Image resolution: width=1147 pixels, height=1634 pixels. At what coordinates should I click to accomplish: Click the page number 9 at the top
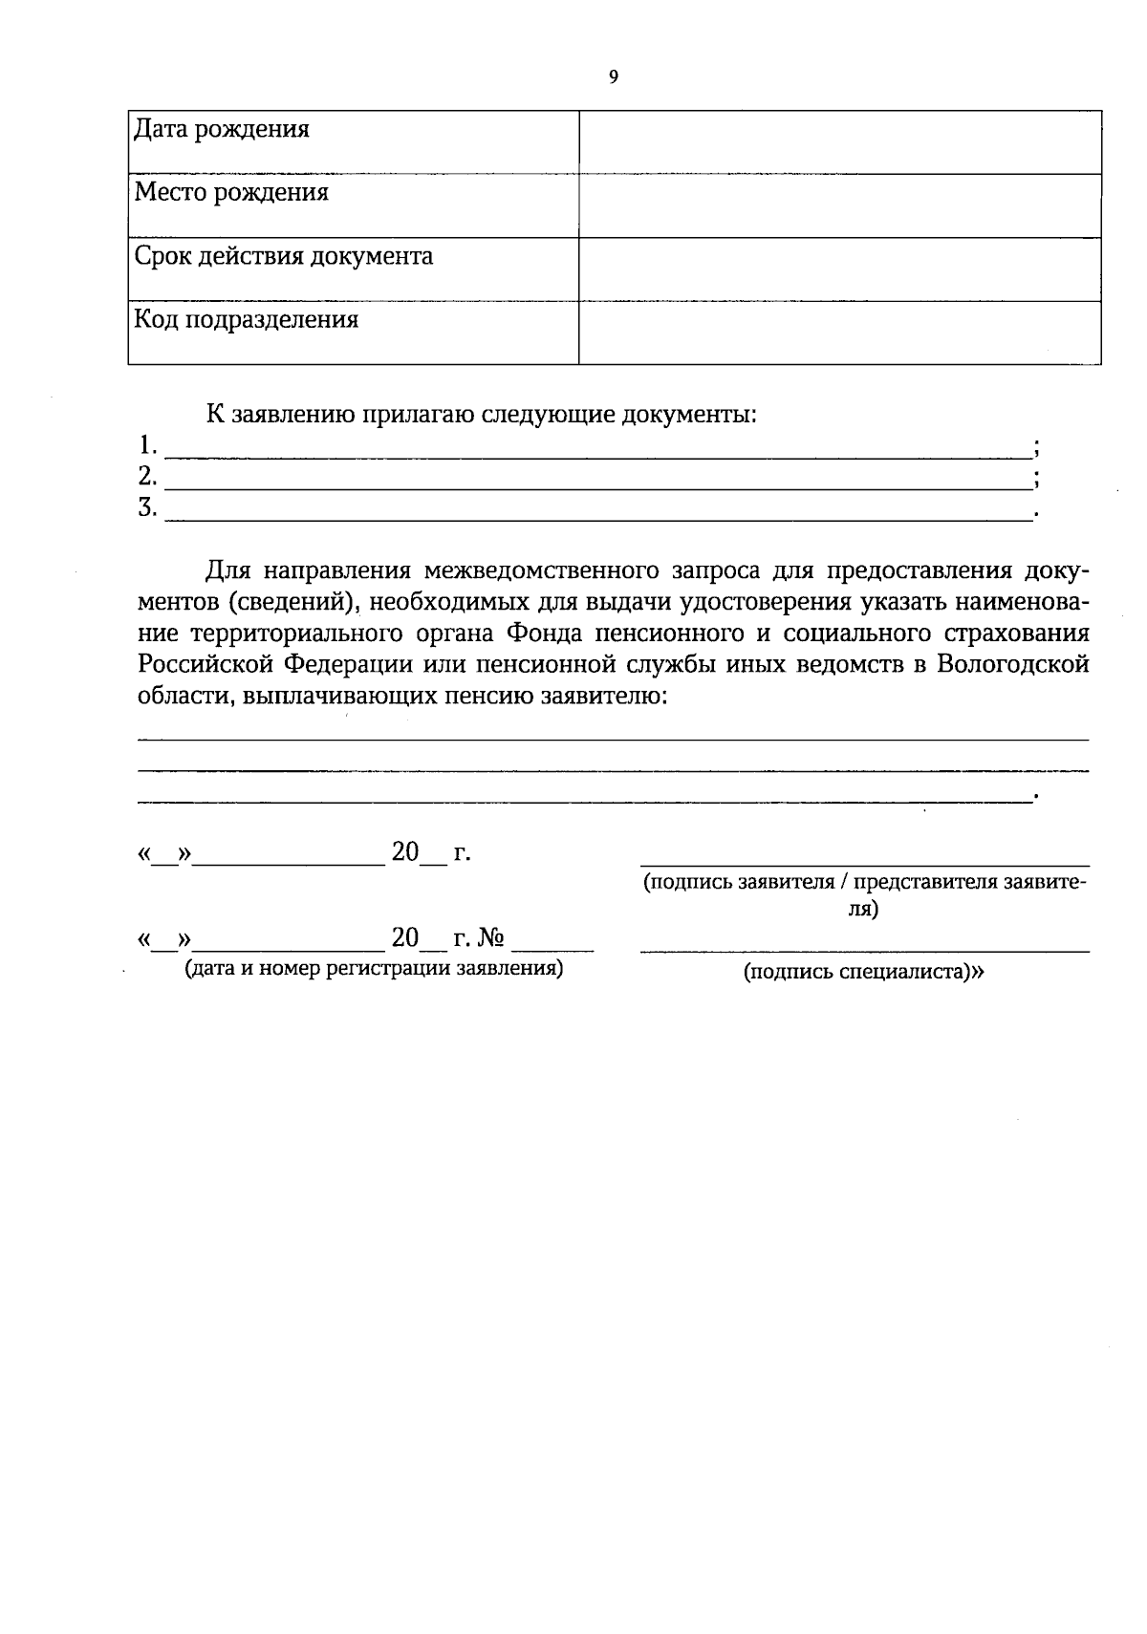[613, 78]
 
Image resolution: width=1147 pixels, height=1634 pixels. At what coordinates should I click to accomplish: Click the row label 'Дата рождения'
[222, 129]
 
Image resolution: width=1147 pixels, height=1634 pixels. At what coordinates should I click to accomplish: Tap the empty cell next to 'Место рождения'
[839, 205]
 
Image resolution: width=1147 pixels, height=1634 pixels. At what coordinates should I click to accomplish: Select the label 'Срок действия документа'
[284, 256]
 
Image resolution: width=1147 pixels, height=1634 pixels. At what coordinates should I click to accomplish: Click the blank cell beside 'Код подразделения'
[839, 333]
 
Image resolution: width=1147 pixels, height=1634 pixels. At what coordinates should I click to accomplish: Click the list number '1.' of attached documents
[146, 445]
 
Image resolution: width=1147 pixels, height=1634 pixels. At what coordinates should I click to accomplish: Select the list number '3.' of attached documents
[146, 507]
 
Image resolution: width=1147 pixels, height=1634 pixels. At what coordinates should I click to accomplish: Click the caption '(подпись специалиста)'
[864, 973]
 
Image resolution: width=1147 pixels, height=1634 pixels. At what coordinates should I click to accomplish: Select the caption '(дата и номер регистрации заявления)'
[374, 969]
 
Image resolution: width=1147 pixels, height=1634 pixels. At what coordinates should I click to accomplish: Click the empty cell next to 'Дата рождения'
[839, 142]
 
